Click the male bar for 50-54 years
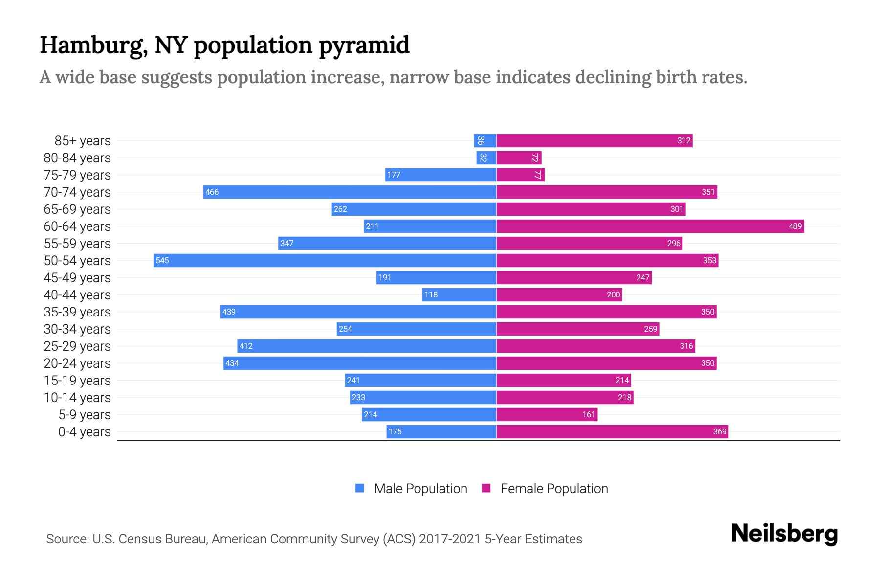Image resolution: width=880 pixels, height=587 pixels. coord(325,260)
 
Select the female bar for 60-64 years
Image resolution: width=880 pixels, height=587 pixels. coord(650,226)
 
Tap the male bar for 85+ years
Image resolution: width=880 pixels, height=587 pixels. coord(485,141)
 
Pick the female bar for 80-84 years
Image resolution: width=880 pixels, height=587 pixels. coord(519,158)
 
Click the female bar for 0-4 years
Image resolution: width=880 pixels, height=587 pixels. coord(612,431)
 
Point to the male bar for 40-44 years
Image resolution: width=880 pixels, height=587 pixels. coord(460,294)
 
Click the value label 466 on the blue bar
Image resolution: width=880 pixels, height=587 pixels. coord(212,192)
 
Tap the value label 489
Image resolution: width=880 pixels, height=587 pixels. coord(795,226)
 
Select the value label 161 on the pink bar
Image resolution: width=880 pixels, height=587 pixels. coord(589,414)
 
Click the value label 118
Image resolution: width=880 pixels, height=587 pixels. coord(431,294)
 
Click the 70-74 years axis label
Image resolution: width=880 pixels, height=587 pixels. coord(77,192)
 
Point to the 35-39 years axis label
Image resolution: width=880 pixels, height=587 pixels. coord(77,312)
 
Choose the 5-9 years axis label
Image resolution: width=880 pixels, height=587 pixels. coord(85,415)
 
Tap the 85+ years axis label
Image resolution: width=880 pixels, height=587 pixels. coord(83,141)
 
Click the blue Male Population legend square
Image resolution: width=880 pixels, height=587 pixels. coord(360,488)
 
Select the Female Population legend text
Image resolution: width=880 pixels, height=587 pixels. coord(554,488)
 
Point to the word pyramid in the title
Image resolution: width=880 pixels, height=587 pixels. coord(364,45)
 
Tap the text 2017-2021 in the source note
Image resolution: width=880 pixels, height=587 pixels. coord(450,539)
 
